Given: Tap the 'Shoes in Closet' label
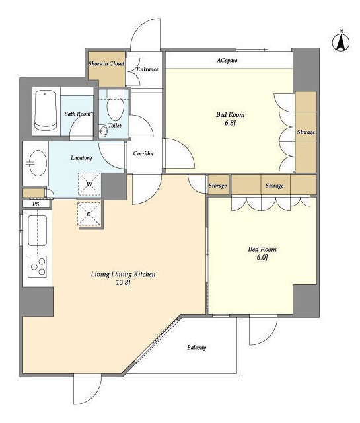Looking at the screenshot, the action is tap(106, 63).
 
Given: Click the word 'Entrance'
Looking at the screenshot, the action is tap(147, 69).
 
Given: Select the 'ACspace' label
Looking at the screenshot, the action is tap(227, 60).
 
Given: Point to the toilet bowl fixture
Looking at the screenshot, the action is tap(116, 105).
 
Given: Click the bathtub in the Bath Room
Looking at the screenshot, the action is tap(46, 110).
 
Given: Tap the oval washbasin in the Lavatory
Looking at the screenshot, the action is tap(38, 163).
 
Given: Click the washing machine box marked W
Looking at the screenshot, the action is tap(89, 184).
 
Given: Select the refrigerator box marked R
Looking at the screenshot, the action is tap(89, 214).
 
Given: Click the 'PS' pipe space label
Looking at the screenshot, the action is tap(36, 204).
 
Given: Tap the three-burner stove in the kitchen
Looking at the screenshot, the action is tap(38, 266).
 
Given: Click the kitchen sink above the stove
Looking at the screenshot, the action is tap(38, 230).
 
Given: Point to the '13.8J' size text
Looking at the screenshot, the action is tap(124, 283).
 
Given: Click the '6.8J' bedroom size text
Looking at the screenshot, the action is tap(230, 124).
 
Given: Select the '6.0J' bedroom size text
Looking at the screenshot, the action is tap(262, 257).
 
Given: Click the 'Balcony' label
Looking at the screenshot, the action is tap(197, 347).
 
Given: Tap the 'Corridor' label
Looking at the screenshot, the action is tap(143, 153).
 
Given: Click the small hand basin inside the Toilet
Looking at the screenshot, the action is tap(103, 132).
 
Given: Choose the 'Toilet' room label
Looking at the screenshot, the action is tap(115, 125).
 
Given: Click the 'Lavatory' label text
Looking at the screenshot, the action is tap(81, 158).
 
